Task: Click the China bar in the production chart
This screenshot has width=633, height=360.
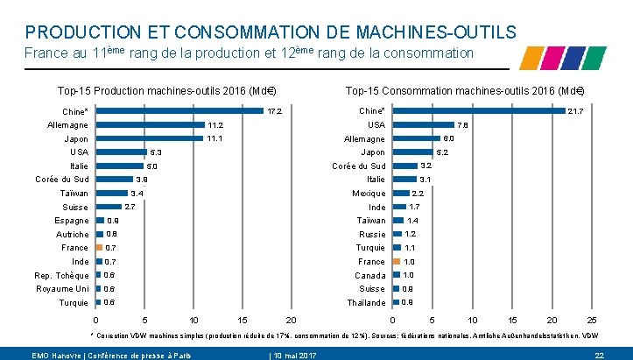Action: click(x=179, y=111)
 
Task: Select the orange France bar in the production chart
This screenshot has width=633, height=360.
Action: click(x=99, y=248)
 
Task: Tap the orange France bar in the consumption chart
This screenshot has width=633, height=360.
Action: click(x=397, y=261)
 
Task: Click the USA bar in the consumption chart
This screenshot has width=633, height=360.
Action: click(x=423, y=124)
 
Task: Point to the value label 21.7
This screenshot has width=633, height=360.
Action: click(x=576, y=111)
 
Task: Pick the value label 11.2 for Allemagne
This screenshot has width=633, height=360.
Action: click(x=215, y=125)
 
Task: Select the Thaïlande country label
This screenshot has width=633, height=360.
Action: click(x=367, y=303)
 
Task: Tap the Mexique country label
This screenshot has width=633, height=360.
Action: click(x=369, y=194)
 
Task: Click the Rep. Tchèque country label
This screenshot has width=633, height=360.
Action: click(x=62, y=276)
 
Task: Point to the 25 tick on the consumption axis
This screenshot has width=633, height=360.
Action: click(x=591, y=321)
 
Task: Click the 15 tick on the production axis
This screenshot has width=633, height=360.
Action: click(x=243, y=321)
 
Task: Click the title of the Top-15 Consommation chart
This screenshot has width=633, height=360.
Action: click(x=464, y=90)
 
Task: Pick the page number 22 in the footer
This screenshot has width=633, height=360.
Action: click(x=600, y=354)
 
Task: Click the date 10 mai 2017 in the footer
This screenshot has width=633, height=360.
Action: click(x=295, y=354)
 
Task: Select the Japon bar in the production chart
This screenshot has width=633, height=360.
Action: click(x=150, y=138)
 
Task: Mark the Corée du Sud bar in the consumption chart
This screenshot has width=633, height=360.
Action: click(x=404, y=166)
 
